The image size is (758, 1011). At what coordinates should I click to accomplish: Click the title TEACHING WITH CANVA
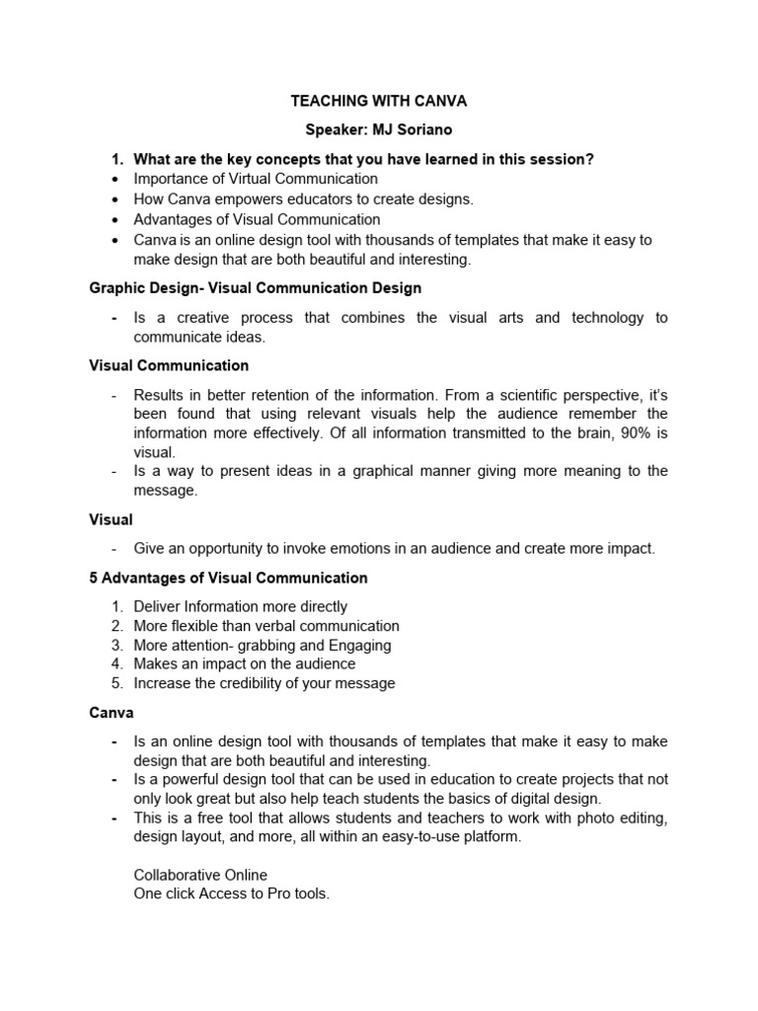tap(378, 101)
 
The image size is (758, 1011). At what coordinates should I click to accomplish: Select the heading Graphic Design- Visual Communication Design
tap(256, 288)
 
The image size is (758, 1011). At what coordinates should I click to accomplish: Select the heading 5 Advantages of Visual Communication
tap(228, 578)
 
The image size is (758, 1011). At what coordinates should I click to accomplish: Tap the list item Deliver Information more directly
tap(241, 606)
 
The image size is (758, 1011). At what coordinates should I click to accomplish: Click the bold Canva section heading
tap(112, 712)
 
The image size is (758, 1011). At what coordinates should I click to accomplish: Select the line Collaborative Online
tap(200, 875)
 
